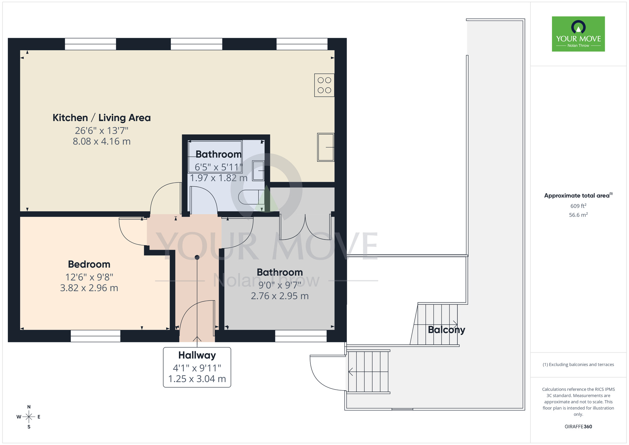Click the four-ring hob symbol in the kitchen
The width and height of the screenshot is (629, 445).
point(324,85)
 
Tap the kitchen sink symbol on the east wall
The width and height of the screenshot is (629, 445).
point(326,147)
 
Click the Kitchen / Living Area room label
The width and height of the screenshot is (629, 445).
point(102,118)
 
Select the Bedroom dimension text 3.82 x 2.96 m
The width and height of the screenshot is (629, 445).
point(89,288)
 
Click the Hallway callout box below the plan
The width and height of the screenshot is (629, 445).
point(197,367)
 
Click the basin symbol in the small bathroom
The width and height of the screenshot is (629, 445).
point(258,171)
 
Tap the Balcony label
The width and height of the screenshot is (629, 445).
point(446,330)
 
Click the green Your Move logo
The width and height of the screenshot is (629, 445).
point(578,34)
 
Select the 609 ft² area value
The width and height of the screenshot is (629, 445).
point(578,206)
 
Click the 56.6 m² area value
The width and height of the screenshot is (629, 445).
point(578,215)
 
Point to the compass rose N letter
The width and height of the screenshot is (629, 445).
point(29,407)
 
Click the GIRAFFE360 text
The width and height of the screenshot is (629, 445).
point(578,427)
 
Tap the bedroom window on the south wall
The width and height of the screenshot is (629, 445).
point(95,336)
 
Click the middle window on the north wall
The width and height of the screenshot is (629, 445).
point(196,44)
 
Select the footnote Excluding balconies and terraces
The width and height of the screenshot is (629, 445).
point(578,364)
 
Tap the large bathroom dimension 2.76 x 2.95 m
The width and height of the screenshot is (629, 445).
point(280,296)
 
